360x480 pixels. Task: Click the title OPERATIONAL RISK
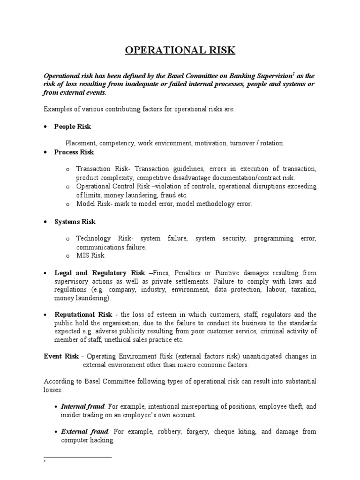click(x=180, y=51)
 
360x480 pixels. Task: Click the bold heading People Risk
click(x=73, y=127)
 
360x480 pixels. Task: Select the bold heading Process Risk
click(x=74, y=152)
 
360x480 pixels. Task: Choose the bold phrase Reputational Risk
click(x=83, y=315)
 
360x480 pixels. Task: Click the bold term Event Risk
click(x=59, y=356)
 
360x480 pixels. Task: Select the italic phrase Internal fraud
click(x=82, y=406)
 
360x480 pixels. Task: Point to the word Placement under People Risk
click(x=81, y=143)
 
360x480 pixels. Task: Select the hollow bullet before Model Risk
click(x=67, y=204)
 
